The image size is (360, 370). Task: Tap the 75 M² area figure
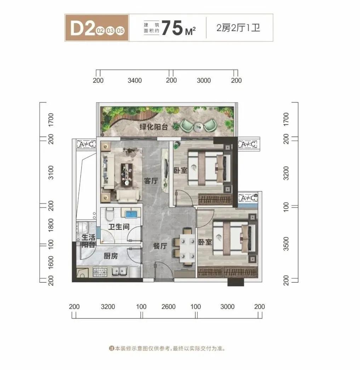click(178, 28)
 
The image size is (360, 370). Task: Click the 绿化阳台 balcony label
click(155, 127)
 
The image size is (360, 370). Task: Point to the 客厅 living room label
click(150, 181)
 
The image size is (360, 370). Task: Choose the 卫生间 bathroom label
click(119, 227)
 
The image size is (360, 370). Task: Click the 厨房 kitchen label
click(111, 256)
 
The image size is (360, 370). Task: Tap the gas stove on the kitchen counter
click(100, 272)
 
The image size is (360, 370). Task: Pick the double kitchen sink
click(120, 272)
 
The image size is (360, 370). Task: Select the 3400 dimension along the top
click(135, 80)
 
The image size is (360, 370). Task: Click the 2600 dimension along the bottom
click(168, 306)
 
